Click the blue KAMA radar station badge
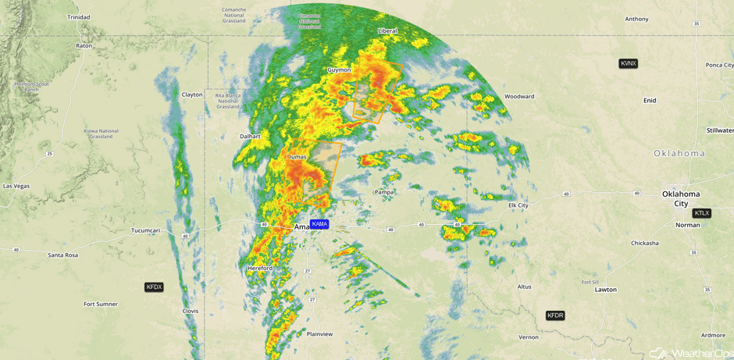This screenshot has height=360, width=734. pyautogui.click(x=319, y=224)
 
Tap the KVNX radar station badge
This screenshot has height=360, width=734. pyautogui.click(x=628, y=63)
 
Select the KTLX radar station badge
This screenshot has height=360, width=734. pyautogui.click(x=701, y=213)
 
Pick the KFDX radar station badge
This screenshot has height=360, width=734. pyautogui.click(x=154, y=287)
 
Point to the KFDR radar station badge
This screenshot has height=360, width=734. pyautogui.click(x=554, y=315)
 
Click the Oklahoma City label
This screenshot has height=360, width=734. pyautogui.click(x=680, y=198)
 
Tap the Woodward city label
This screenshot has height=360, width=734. pyautogui.click(x=519, y=97)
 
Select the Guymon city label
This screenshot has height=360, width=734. pyautogui.click(x=339, y=70)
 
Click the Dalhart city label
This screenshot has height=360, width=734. pyautogui.click(x=250, y=136)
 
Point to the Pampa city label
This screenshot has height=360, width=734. pyautogui.click(x=384, y=192)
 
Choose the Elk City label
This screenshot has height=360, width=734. pyautogui.click(x=518, y=205)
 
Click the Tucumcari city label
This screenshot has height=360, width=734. pyautogui.click(x=145, y=230)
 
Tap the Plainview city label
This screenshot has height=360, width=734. pyautogui.click(x=319, y=334)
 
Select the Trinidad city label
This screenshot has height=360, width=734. pyautogui.click(x=78, y=16)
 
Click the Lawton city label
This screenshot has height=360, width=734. pyautogui.click(x=605, y=290)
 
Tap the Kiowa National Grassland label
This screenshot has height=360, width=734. pyautogui.click(x=101, y=134)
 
